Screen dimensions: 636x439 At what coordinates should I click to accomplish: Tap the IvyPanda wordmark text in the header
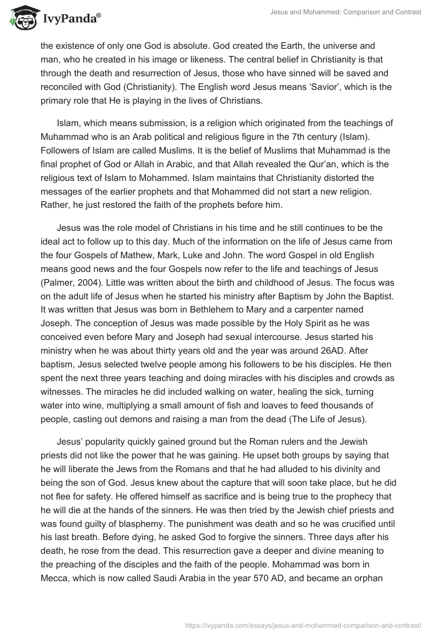(x=70, y=19)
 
